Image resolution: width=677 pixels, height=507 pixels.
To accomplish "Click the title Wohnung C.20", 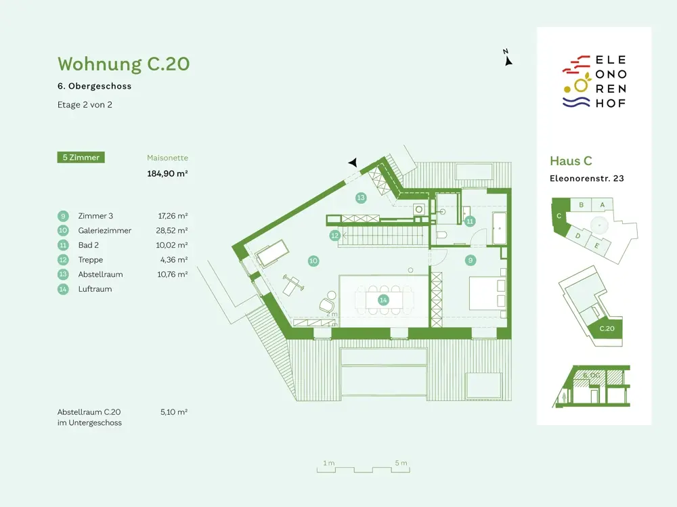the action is click(123, 64).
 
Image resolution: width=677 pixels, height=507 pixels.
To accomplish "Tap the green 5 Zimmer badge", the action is click(81, 158).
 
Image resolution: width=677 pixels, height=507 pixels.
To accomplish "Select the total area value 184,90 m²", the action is click(167, 173).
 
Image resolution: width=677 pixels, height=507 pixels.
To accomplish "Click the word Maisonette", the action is click(167, 158).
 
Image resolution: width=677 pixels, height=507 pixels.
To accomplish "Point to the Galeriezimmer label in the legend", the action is click(102, 231).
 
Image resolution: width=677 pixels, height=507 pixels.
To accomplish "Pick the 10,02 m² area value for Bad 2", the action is click(173, 245).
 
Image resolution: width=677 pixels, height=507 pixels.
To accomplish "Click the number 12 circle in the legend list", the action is click(63, 260).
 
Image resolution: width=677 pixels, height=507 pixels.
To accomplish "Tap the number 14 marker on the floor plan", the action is click(384, 299).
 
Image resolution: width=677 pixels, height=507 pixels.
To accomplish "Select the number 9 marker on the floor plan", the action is click(470, 260).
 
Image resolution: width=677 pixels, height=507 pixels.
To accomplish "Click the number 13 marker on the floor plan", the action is click(361, 198).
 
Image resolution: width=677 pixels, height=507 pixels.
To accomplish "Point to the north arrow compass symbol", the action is click(507, 60).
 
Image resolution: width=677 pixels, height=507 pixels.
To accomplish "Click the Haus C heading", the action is click(571, 161).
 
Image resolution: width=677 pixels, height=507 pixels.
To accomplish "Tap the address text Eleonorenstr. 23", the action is click(586, 179).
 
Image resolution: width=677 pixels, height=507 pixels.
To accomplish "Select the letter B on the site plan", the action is click(581, 204).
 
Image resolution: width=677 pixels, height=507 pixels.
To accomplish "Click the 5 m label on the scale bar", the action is click(401, 463).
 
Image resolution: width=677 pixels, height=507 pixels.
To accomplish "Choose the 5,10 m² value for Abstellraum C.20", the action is click(174, 411).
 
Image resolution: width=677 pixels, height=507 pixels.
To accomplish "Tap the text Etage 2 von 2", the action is click(85, 105).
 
